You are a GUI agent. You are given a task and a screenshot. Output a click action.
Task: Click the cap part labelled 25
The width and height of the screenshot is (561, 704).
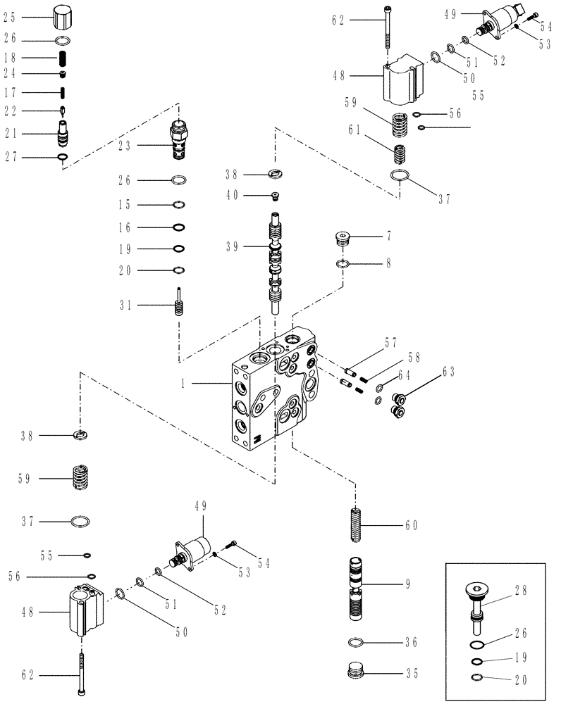click(x=63, y=14)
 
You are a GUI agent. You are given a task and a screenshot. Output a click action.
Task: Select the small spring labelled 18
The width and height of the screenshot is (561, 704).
click(x=63, y=57)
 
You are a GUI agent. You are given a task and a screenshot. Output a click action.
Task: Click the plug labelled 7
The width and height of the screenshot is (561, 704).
click(x=343, y=239)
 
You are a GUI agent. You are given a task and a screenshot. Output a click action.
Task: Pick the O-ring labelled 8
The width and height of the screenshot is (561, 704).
click(x=343, y=264)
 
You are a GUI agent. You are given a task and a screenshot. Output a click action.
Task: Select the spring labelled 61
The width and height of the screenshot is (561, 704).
click(x=399, y=152)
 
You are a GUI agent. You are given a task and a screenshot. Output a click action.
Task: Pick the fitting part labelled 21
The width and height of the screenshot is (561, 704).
click(x=63, y=132)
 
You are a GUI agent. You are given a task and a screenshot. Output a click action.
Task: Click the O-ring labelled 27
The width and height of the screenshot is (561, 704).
click(x=63, y=156)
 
